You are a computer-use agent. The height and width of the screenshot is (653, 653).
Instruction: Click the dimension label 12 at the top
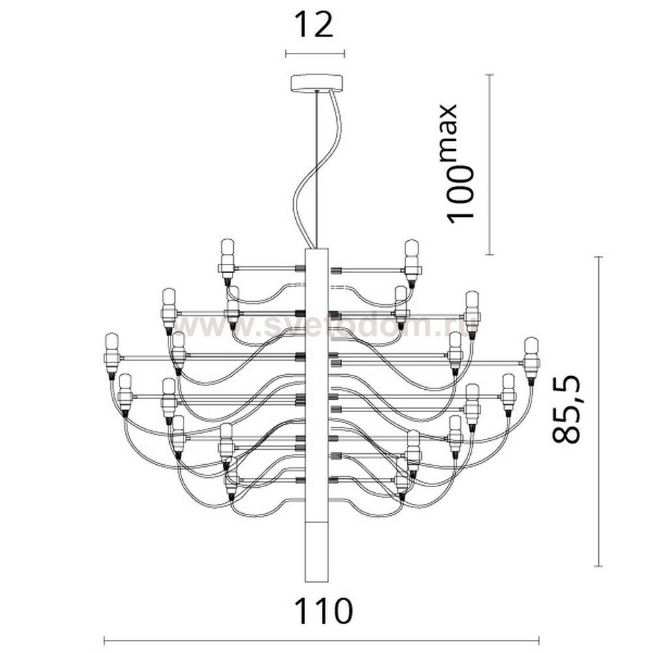(x=314, y=25)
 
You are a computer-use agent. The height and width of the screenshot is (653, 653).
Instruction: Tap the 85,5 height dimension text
(x=567, y=410)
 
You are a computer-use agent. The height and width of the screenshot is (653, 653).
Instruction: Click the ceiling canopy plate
(x=316, y=82)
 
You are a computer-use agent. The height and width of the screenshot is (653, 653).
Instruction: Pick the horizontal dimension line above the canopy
(x=315, y=54)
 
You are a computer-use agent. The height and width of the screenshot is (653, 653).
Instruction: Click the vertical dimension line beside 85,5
(x=599, y=411)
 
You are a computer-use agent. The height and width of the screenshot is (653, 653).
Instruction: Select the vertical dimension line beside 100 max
(x=490, y=163)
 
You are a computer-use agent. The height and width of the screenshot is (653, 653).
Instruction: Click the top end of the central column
(x=315, y=250)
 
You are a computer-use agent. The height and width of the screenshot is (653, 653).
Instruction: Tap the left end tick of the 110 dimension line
(x=105, y=641)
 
